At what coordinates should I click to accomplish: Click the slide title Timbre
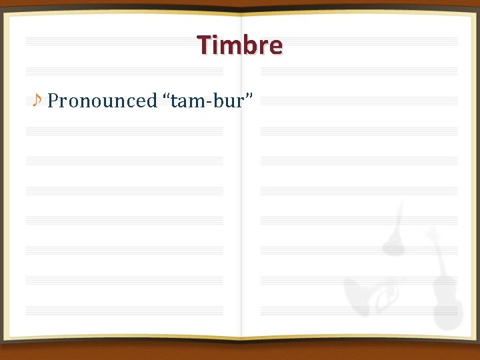[240, 45]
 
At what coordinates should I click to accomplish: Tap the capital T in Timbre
[204, 45]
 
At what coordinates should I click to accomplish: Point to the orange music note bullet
[37, 100]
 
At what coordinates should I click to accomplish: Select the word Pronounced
[102, 101]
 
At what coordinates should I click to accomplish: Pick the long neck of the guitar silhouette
[399, 217]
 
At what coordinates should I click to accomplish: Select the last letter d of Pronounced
[151, 101]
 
